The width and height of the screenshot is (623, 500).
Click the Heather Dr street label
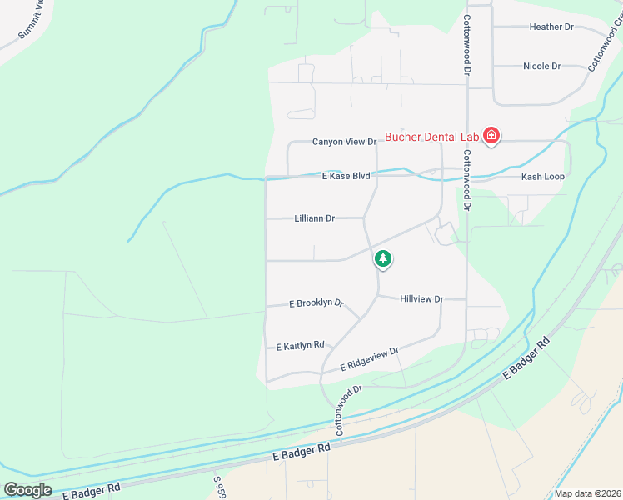click(x=551, y=27)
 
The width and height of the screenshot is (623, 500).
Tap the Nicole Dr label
click(x=541, y=66)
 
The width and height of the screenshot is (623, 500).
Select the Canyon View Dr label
click(x=345, y=142)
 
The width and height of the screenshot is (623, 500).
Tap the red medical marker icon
click(x=491, y=136)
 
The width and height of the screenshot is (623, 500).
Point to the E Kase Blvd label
click(x=346, y=176)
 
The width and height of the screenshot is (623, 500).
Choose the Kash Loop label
click(x=542, y=177)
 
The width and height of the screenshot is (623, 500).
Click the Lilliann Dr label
click(x=314, y=218)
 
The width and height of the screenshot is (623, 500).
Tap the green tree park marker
click(x=382, y=259)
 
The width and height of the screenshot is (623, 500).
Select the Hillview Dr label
click(x=421, y=298)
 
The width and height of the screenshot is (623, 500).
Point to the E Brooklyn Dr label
click(x=316, y=303)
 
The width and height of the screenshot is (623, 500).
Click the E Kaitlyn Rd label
click(x=300, y=346)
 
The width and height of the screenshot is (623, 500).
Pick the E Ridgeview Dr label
click(x=370, y=360)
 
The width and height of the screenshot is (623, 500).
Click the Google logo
click(x=27, y=489)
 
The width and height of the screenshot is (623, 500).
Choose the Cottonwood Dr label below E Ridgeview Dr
click(x=348, y=410)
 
